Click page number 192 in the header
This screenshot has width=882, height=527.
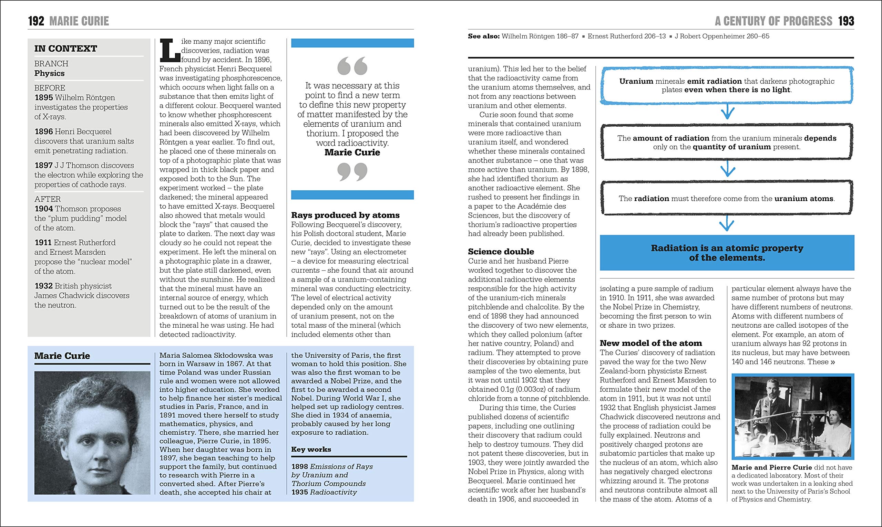tap(36, 21)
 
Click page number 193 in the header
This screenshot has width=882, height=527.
tap(846, 21)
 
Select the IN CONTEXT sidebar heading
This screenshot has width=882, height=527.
tap(65, 49)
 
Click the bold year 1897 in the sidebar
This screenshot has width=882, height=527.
tap(43, 166)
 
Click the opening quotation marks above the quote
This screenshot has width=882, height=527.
tap(352, 66)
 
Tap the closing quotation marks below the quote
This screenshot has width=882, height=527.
tap(352, 172)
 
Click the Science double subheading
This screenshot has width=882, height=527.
tap(501, 252)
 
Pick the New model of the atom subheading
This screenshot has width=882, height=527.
tap(651, 343)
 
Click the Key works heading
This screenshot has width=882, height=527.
tap(311, 449)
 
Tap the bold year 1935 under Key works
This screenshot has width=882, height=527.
tap(299, 492)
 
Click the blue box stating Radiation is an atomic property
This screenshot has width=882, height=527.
tap(727, 253)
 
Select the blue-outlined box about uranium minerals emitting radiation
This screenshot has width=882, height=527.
tap(727, 86)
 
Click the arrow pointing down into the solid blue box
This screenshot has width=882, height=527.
tap(727, 223)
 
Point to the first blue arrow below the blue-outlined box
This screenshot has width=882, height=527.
tap(727, 113)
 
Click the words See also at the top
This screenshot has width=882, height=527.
tap(483, 36)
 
